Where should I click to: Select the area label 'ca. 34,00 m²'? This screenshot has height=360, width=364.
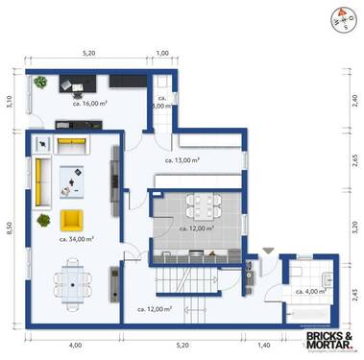click(x=77, y=238)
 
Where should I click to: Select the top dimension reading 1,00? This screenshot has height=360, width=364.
click(x=161, y=54)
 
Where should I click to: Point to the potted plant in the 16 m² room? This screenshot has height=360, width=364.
click(x=40, y=83)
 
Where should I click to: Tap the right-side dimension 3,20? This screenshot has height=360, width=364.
click(x=354, y=228)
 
